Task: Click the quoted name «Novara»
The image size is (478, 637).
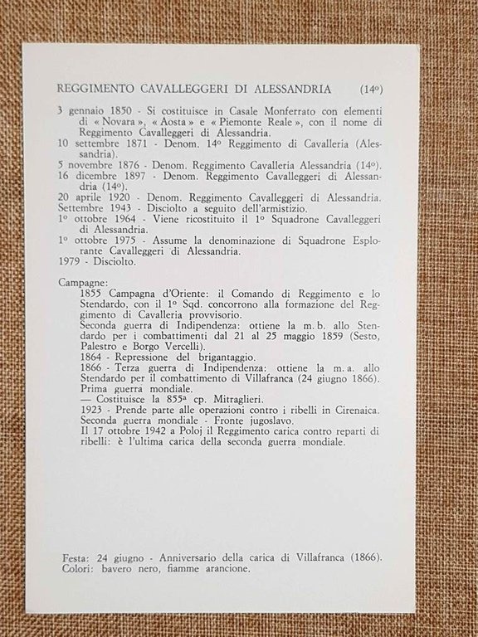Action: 116,121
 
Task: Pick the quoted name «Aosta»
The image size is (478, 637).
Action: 172,121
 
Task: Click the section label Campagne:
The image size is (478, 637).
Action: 81,283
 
